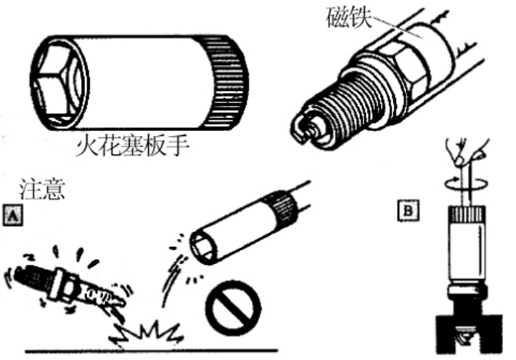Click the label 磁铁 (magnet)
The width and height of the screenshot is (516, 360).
[349, 17]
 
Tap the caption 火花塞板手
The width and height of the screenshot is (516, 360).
[132, 146]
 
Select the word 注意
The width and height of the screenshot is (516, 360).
[42, 189]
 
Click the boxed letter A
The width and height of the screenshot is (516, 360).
[13, 215]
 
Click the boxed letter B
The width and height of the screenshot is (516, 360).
[408, 210]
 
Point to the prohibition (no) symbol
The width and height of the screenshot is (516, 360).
[233, 308]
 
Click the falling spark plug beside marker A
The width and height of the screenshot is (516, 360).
[66, 286]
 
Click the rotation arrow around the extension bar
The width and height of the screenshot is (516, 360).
[466, 183]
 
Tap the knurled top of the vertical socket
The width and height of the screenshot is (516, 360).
[466, 214]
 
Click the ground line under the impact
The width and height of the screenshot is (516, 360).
[152, 351]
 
